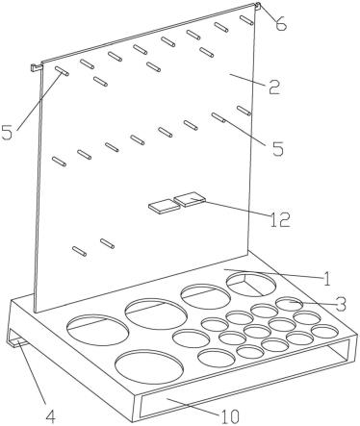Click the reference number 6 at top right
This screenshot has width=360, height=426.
click(280, 23)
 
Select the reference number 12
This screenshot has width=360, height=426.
click(280, 220)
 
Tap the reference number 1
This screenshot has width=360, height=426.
click(326, 279)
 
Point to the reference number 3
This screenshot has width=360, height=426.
click(341, 304)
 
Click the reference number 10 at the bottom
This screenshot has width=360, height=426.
click(229, 416)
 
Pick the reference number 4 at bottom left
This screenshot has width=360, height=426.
click(50, 416)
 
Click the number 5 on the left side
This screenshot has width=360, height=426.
click(8, 132)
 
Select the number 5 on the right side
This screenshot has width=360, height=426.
click(278, 148)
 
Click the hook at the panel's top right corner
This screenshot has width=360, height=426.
click(258, 5)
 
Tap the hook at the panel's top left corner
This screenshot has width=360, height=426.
click(37, 67)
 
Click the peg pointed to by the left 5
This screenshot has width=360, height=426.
click(62, 71)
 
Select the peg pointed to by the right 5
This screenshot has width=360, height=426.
click(219, 117)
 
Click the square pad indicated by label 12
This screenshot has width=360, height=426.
click(190, 199)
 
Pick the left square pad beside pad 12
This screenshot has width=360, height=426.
click(164, 206)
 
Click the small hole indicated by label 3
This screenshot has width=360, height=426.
click(289, 304)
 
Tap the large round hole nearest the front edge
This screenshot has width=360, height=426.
click(149, 367)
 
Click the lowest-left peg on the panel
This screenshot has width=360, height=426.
click(79, 251)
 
